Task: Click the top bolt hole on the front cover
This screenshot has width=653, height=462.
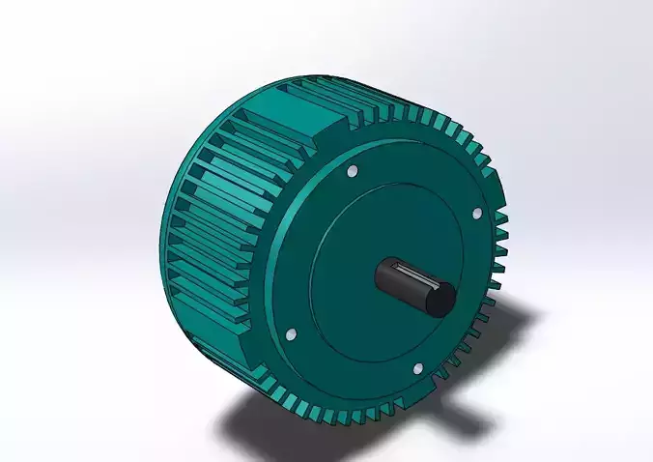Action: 351,171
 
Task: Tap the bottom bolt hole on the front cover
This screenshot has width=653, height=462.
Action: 417,368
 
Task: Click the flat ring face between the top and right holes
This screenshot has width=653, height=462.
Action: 425,184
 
